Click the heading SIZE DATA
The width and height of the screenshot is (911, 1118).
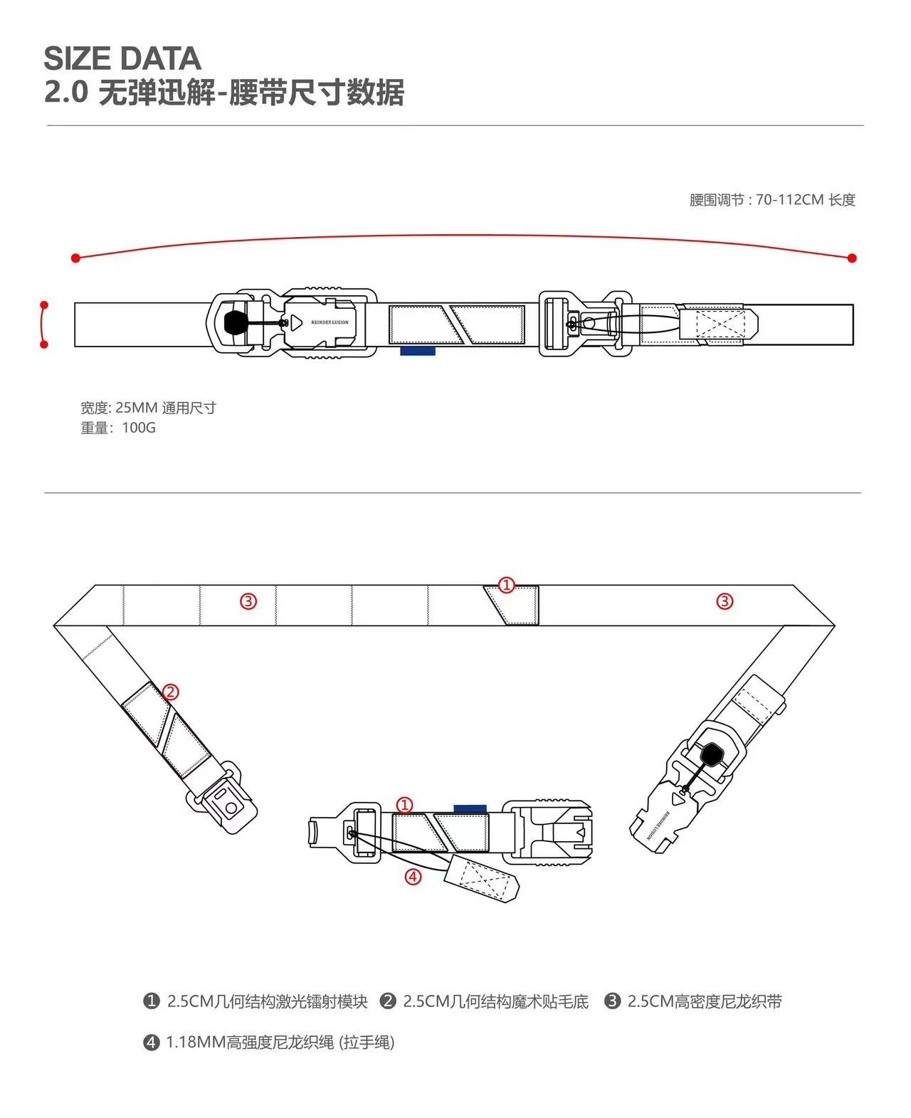coord(122,58)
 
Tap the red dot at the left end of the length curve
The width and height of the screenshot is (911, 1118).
coord(75,258)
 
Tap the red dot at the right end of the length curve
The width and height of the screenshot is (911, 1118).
coord(852,258)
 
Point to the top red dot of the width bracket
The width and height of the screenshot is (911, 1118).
coord(44,305)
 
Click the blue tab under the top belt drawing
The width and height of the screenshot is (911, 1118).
coord(418,351)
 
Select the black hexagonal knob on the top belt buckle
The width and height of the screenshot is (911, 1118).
coord(236,322)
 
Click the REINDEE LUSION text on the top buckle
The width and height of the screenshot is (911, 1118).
coord(330,322)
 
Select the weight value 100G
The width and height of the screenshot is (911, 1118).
coord(139,428)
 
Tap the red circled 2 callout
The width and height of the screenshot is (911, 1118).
coord(170,691)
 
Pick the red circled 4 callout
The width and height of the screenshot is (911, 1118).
coord(413,876)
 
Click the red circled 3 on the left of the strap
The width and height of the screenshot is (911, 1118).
coord(248,601)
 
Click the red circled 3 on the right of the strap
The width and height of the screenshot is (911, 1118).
coord(724,601)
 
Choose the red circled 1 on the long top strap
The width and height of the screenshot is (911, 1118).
coord(506,585)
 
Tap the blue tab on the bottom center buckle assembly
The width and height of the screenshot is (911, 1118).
coord(470,808)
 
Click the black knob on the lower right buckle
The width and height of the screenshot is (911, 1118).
coord(711,753)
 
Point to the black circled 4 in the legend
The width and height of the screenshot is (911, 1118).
coord(151,1043)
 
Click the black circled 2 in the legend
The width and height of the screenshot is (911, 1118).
coord(388,1001)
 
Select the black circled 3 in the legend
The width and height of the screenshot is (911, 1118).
coord(612,1001)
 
